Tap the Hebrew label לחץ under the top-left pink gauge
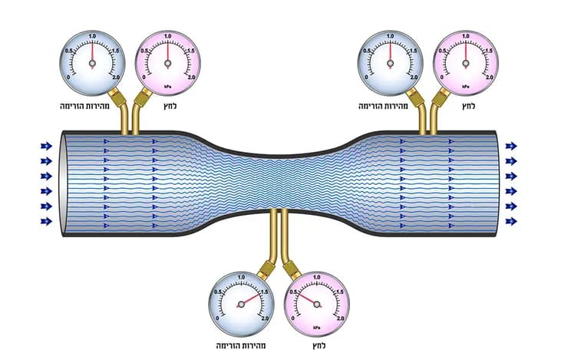pyautogui.click(x=170, y=106)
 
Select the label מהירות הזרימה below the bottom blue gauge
pyautogui.click(x=241, y=345)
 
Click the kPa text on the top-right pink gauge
pyautogui.click(x=465, y=87)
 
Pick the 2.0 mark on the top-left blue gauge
pyautogui.click(x=116, y=77)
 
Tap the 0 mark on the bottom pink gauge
pyautogui.click(x=292, y=319)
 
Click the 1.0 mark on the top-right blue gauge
pyautogui.click(x=390, y=36)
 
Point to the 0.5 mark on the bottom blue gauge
pyautogui.click(x=218, y=292)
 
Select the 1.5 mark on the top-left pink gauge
pyautogui.click(x=190, y=51)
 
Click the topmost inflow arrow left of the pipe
pyautogui.click(x=46, y=146)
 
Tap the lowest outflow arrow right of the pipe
pyautogui.click(x=511, y=221)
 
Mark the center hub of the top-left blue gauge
pyautogui.click(x=92, y=64)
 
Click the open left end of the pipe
pyautogui.click(x=64, y=183)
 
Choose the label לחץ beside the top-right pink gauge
pyautogui.click(x=468, y=106)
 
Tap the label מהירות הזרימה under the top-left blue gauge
pyautogui.click(x=84, y=106)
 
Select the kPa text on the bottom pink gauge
pyautogui.click(x=316, y=328)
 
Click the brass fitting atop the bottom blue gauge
pyautogui.click(x=266, y=269)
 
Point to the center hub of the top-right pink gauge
pyautogui.click(x=466, y=64)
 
